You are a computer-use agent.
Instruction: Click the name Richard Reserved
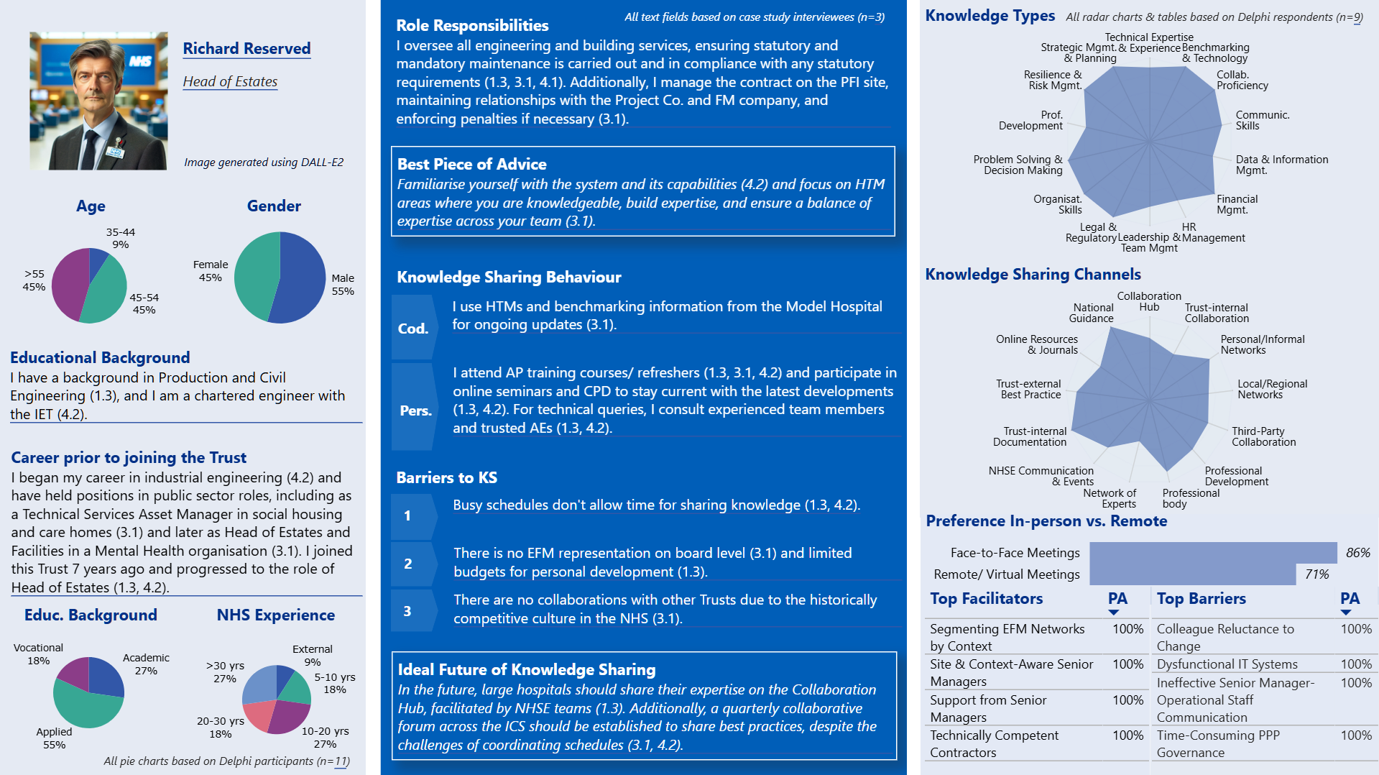click(x=246, y=48)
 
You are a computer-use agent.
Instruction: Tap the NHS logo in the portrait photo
click(x=140, y=62)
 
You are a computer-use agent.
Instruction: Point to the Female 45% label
click(x=210, y=271)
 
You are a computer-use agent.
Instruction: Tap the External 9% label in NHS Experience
click(x=312, y=655)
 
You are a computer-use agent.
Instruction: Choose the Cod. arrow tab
click(x=413, y=328)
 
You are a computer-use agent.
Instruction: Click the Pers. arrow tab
click(x=415, y=410)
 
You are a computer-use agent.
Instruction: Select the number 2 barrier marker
click(x=408, y=564)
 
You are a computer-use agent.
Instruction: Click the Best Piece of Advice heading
click(x=471, y=164)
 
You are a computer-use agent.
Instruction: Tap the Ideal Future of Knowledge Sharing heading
click(x=526, y=669)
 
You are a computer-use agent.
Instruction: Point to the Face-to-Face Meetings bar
click(x=1212, y=552)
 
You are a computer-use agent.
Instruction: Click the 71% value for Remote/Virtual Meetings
click(x=1316, y=574)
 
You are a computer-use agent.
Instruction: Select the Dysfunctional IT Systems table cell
click(x=1227, y=664)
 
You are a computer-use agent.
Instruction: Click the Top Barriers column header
click(x=1201, y=598)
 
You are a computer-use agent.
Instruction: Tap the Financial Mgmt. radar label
click(x=1237, y=204)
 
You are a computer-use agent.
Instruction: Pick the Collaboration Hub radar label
click(x=1148, y=301)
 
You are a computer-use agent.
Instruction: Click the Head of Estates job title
click(x=230, y=81)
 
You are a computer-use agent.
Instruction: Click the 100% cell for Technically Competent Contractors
click(x=1127, y=735)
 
